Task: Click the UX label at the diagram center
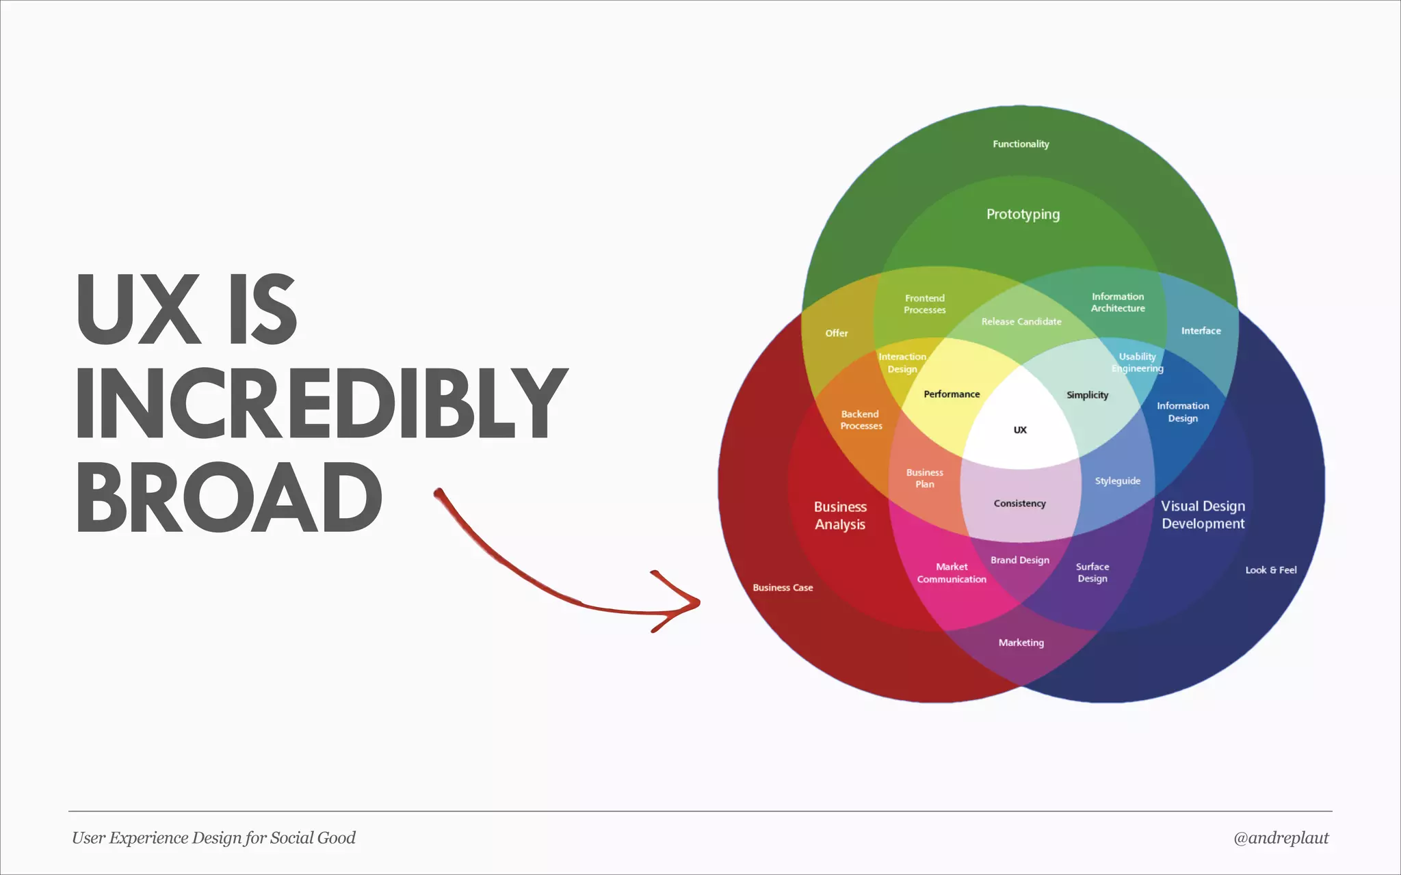pyautogui.click(x=1020, y=430)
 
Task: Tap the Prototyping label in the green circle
pyautogui.click(x=1023, y=215)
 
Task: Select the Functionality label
pyautogui.click(x=1021, y=144)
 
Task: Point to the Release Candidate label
pyautogui.click(x=1021, y=322)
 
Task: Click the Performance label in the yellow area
pyautogui.click(x=952, y=394)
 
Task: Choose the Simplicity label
pyautogui.click(x=1087, y=395)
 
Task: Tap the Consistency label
pyautogui.click(x=1019, y=504)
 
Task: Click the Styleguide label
pyautogui.click(x=1117, y=481)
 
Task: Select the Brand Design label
pyautogui.click(x=1019, y=561)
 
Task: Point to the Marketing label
pyautogui.click(x=1021, y=643)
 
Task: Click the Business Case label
pyautogui.click(x=783, y=588)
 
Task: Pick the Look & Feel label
pyautogui.click(x=1270, y=570)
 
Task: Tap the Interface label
pyautogui.click(x=1201, y=331)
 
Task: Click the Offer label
pyautogui.click(x=836, y=334)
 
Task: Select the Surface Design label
pyautogui.click(x=1092, y=573)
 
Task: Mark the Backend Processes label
pyautogui.click(x=861, y=420)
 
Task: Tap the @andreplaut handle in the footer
pyautogui.click(x=1281, y=838)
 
